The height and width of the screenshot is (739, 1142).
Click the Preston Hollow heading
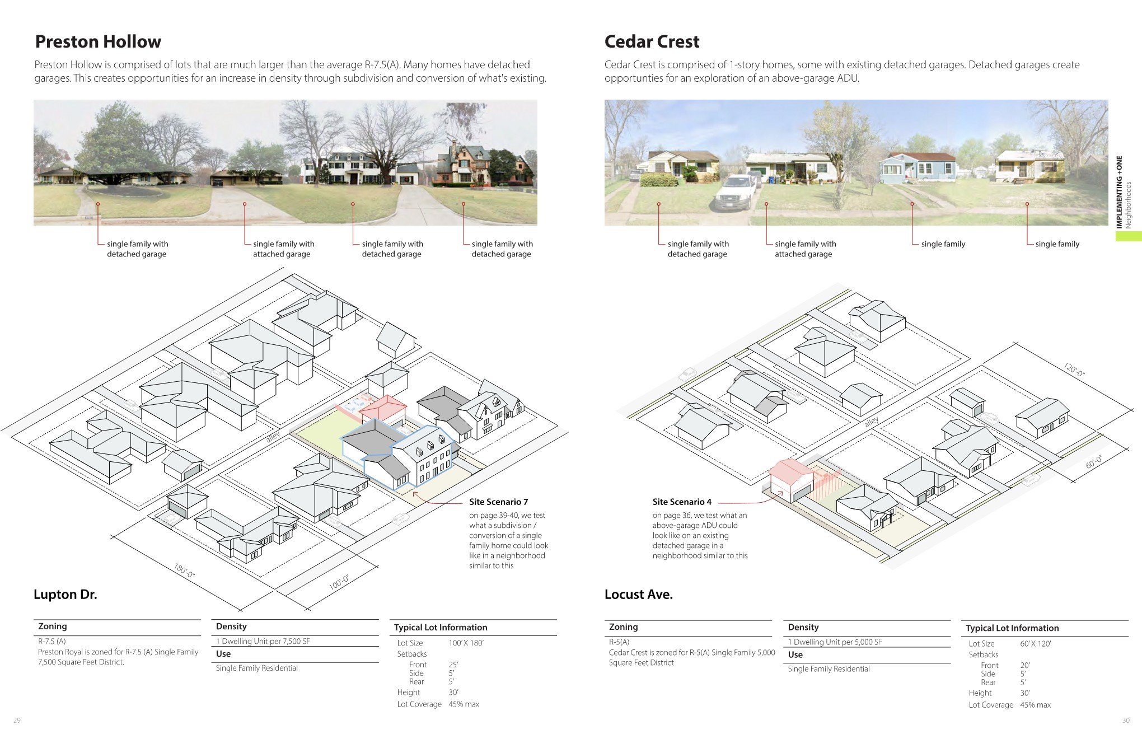(x=98, y=41)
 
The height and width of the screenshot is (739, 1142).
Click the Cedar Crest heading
(x=652, y=41)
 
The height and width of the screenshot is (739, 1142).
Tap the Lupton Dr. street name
(x=65, y=595)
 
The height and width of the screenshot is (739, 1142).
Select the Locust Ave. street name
(x=638, y=595)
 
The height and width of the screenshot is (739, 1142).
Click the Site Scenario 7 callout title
(x=498, y=502)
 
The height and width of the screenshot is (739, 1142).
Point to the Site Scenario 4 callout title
(x=682, y=502)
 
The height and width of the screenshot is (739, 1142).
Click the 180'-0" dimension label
(x=184, y=571)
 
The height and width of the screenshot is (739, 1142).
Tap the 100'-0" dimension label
(x=339, y=582)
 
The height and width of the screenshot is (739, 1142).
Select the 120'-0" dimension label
(x=1074, y=369)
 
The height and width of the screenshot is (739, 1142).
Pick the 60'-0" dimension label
(x=1094, y=462)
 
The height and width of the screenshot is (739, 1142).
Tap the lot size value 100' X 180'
(x=466, y=643)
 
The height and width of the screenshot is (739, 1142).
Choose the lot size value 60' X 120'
(x=1035, y=644)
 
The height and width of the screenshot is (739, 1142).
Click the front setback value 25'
(x=453, y=665)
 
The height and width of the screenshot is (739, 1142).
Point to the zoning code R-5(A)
(x=619, y=642)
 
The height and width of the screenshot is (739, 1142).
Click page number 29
(x=17, y=721)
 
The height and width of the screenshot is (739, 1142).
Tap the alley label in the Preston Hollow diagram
(x=273, y=437)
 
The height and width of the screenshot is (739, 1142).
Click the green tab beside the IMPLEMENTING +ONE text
(x=1128, y=236)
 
